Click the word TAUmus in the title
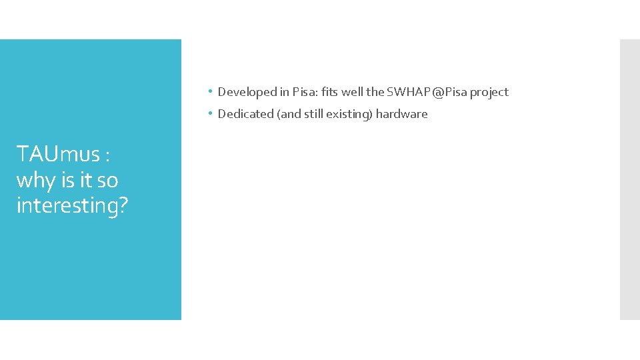tap(57, 155)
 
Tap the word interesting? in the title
tap(72, 205)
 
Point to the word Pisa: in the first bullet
tap(305, 92)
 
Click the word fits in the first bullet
tap(329, 92)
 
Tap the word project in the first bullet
tap(489, 92)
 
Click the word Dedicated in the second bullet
tap(245, 114)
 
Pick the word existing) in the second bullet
tap(349, 114)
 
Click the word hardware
tap(401, 114)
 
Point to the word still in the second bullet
tap(313, 114)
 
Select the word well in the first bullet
tap(353, 92)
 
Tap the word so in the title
tap(107, 180)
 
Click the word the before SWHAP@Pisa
tap(375, 92)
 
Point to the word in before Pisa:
tap(283, 92)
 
